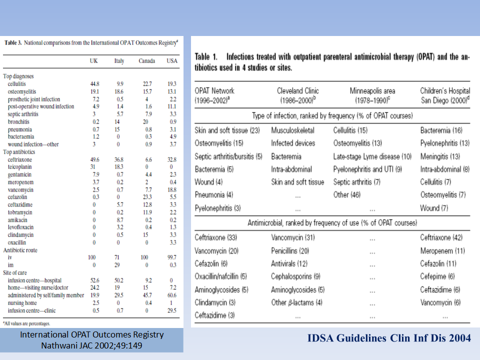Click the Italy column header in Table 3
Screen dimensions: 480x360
pos(119,61)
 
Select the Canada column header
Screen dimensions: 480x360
pos(146,60)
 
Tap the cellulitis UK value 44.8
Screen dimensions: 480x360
pos(94,84)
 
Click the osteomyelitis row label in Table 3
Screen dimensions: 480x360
pos(22,91)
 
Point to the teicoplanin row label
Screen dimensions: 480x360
pos(19,167)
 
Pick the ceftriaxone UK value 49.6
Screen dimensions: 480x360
pos(94,159)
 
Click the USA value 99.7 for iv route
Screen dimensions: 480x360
pos(171,257)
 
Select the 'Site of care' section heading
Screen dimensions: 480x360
pos(15,272)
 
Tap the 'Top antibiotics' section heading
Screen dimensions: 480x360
pos(19,152)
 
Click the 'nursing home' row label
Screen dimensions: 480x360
pos(22,303)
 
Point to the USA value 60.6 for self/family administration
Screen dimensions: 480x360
pos(171,295)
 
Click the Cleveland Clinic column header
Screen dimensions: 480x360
pos(298,90)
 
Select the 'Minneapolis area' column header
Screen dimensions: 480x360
pos(372,90)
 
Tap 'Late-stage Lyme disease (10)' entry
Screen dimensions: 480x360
pos(372,156)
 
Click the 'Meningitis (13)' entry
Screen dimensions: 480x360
pos(440,156)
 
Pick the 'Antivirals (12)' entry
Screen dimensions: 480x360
pos(289,263)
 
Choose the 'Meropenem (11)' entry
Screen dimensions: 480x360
pos(442,250)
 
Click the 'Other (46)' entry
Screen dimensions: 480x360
pos(347,194)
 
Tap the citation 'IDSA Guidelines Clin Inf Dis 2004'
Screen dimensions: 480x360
pos(389,338)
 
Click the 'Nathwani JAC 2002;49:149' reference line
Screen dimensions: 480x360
pos(91,345)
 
